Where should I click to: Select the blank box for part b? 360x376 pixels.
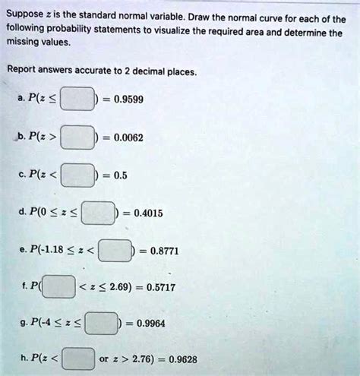coord(78,139)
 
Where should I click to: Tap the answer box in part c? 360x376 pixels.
coord(78,175)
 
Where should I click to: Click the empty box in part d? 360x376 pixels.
coord(99,213)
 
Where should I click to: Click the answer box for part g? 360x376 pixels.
coord(102,323)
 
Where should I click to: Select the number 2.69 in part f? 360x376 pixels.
coord(126,288)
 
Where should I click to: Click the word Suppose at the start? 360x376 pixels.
coord(25,10)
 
